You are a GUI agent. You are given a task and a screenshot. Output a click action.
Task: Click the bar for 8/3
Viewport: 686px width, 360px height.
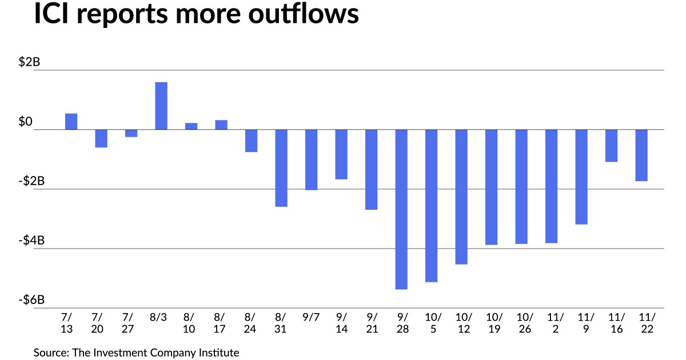pos(161,106)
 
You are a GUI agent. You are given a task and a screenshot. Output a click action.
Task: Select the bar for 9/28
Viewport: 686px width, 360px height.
pos(401,209)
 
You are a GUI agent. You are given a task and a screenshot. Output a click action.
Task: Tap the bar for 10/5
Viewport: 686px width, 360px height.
pos(431,206)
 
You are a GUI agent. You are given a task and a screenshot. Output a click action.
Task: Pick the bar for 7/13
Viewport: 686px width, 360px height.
pos(71,122)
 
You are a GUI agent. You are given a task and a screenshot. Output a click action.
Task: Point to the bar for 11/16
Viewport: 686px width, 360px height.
pos(611,146)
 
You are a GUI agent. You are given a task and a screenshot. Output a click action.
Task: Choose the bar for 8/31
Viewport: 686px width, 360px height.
pos(281,168)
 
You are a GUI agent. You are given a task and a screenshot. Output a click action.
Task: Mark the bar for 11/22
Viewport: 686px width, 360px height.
pos(641,155)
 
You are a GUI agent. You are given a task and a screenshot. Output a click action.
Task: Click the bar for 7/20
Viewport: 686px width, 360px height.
pos(101,138)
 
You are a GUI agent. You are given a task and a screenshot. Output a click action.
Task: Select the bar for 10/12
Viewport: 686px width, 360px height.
pos(461,197)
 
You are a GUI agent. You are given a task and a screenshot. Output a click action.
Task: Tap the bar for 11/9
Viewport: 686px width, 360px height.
pos(581,177)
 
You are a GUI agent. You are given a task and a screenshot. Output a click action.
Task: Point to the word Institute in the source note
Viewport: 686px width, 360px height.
pos(218,353)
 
